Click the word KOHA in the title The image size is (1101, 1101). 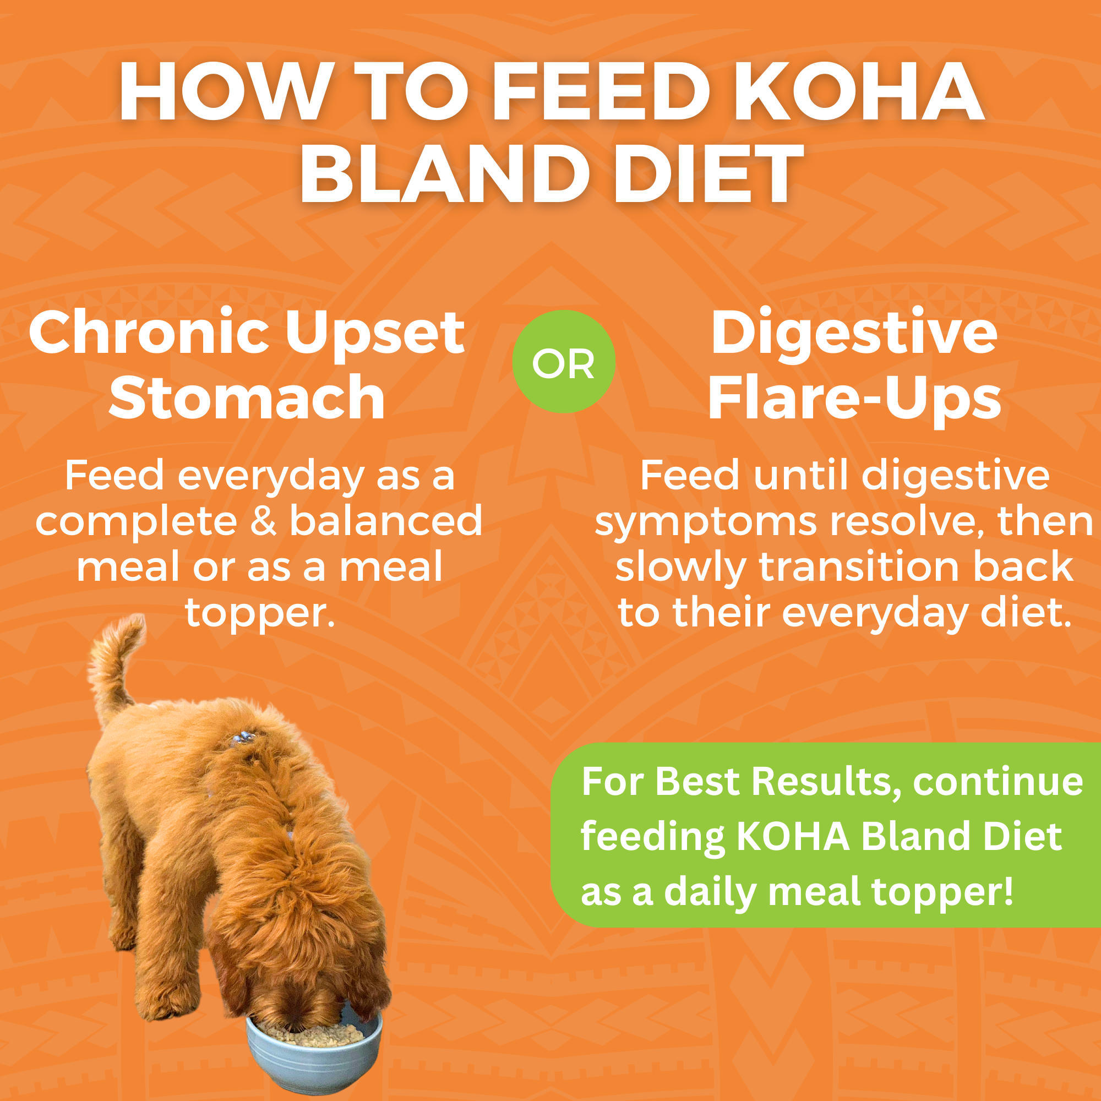click(860, 92)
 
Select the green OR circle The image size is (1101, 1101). click(563, 362)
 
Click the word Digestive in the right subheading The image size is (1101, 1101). click(854, 334)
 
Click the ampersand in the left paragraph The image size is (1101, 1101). click(263, 521)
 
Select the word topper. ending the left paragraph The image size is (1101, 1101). click(260, 613)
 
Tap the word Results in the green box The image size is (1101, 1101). click(821, 781)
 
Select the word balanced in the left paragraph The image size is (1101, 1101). click(386, 521)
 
